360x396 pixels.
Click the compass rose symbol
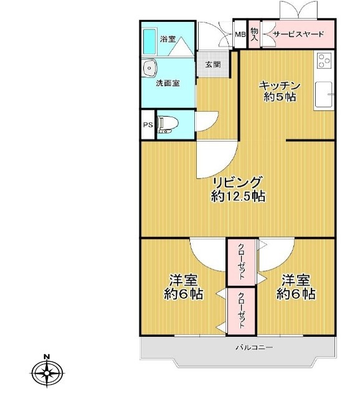tap(47, 374)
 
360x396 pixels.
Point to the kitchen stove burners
tap(324, 60)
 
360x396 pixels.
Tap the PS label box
tap(148, 125)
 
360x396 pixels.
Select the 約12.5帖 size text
tap(238, 197)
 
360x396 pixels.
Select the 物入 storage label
tap(255, 34)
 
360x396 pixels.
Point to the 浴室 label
tap(168, 39)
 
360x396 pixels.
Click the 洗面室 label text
tap(168, 82)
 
